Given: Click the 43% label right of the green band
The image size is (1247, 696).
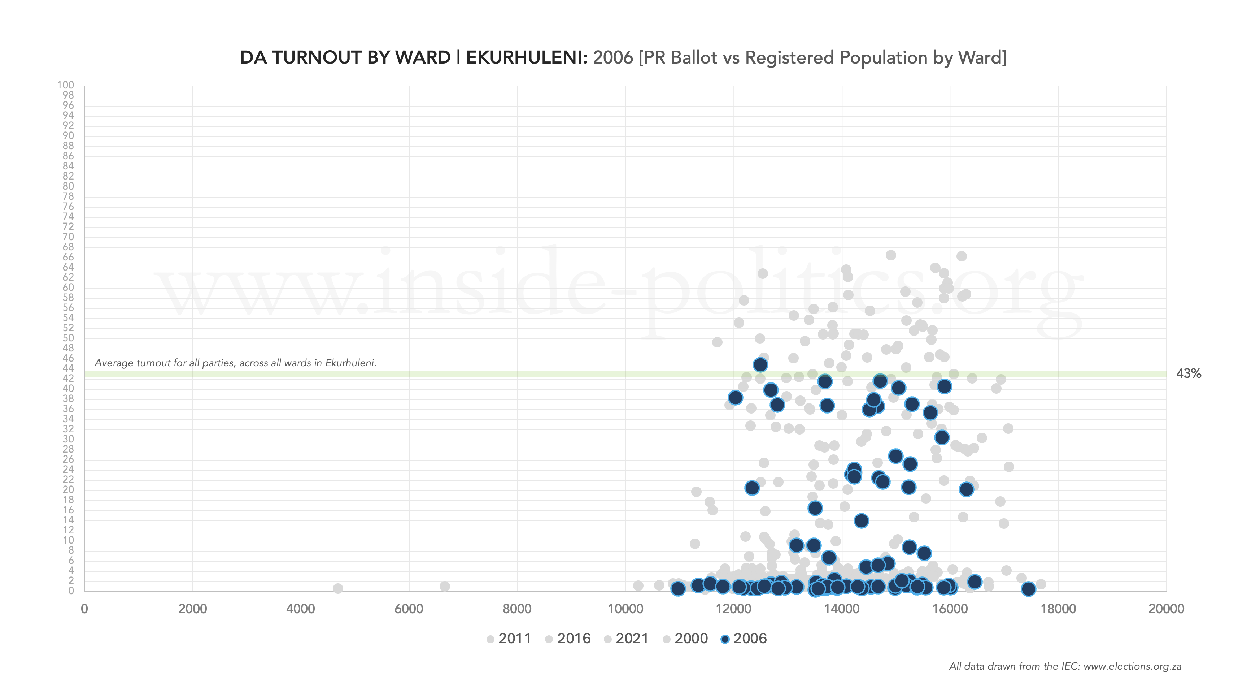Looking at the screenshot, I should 1189,373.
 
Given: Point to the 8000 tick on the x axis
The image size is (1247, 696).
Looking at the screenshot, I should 517,609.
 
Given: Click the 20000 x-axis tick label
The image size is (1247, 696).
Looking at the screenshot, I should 1166,609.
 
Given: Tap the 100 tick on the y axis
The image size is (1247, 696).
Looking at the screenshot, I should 65,85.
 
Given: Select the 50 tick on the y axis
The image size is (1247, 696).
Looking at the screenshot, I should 68,338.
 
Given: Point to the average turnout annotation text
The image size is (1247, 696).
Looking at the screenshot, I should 235,363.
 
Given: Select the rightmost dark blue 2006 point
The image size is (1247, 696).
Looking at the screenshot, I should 1028,588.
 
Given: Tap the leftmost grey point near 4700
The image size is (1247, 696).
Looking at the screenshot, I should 338,588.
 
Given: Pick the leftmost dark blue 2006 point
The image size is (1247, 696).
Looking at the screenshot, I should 678,588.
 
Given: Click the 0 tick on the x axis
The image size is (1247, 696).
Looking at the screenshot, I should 84,609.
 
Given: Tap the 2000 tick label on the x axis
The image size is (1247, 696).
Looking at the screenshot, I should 192,609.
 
